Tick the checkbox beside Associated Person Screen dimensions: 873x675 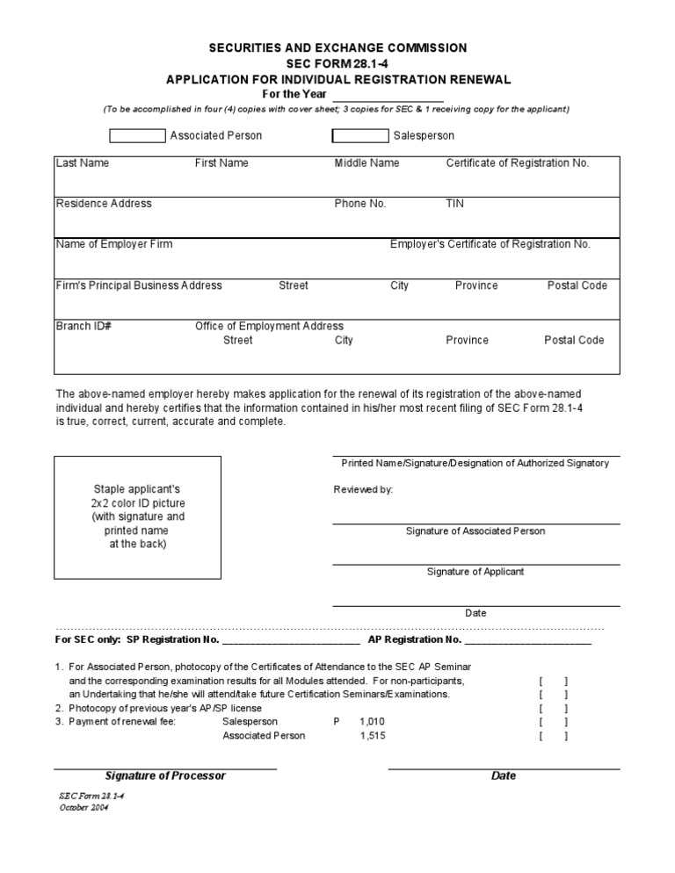pyautogui.click(x=137, y=136)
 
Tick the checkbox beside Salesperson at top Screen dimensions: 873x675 pyautogui.click(x=359, y=136)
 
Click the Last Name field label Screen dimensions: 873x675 pyautogui.click(x=83, y=163)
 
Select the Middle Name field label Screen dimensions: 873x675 pyautogui.click(x=367, y=163)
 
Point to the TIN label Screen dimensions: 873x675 pyautogui.click(x=455, y=204)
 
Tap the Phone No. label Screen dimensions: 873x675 pyautogui.click(x=360, y=204)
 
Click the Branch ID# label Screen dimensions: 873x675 pyautogui.click(x=83, y=326)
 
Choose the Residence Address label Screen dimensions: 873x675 pyautogui.click(x=104, y=204)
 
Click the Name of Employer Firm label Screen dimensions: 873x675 pyautogui.click(x=114, y=244)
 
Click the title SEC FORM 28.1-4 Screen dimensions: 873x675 pyautogui.click(x=338, y=64)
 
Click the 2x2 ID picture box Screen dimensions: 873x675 pyautogui.click(x=137, y=517)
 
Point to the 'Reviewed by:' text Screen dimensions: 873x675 pyautogui.click(x=364, y=489)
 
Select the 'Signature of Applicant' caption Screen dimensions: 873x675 pyautogui.click(x=475, y=572)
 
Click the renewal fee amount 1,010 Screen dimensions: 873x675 pyautogui.click(x=372, y=722)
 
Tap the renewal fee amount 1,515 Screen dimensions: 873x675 pyautogui.click(x=372, y=736)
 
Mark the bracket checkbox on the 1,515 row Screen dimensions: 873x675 pyautogui.click(x=553, y=736)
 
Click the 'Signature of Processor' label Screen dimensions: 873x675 pyautogui.click(x=165, y=776)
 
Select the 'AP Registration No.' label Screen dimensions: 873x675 pyautogui.click(x=415, y=640)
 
